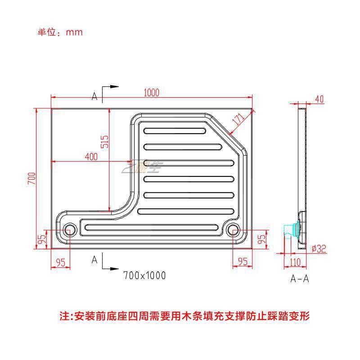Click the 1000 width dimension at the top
point(152,93)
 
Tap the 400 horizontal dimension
point(91,157)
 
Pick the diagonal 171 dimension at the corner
point(239,120)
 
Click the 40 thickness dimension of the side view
point(319,99)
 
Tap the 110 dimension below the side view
point(295,262)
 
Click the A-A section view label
point(300,278)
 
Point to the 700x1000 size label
point(144,275)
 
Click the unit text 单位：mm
point(60,32)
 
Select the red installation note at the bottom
point(184,315)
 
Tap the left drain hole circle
point(70,230)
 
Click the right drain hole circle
point(233,230)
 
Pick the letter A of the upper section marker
point(94,96)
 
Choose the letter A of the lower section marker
point(94,260)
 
